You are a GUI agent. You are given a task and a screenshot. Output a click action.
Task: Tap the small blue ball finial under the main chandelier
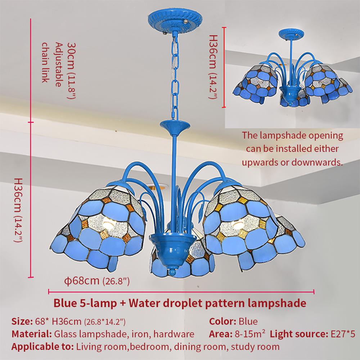[x=172, y=272]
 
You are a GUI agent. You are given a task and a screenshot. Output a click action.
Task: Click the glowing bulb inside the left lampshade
[x=108, y=224]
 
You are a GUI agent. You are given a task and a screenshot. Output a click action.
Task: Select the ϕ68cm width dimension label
[x=97, y=281]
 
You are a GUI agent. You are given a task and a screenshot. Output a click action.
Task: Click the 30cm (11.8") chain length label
[x=71, y=71]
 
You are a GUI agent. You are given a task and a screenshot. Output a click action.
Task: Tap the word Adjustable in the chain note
[x=59, y=64]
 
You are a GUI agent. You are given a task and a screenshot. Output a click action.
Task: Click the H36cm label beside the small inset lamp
[x=213, y=67]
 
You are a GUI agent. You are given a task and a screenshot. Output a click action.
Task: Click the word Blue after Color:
[x=248, y=321]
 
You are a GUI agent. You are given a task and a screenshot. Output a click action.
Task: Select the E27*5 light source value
[x=343, y=334]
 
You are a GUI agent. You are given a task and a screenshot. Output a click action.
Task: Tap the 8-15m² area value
[x=250, y=334]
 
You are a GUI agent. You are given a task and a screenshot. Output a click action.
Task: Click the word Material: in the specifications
[x=32, y=334]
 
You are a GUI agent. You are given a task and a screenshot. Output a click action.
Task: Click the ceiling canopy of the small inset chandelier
[x=291, y=34]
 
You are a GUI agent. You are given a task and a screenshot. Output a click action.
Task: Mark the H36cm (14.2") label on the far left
[x=18, y=210]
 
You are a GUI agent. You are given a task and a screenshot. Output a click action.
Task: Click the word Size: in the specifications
[x=22, y=321]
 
